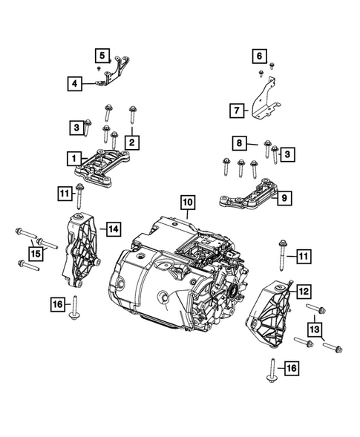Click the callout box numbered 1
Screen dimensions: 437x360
pos(73,158)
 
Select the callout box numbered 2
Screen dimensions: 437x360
pos(131,141)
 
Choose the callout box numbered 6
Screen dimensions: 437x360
pos(259,56)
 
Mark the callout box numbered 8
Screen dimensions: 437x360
pos(239,142)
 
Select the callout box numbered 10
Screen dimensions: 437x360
pos(186,202)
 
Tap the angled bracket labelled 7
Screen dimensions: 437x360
pos(261,100)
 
